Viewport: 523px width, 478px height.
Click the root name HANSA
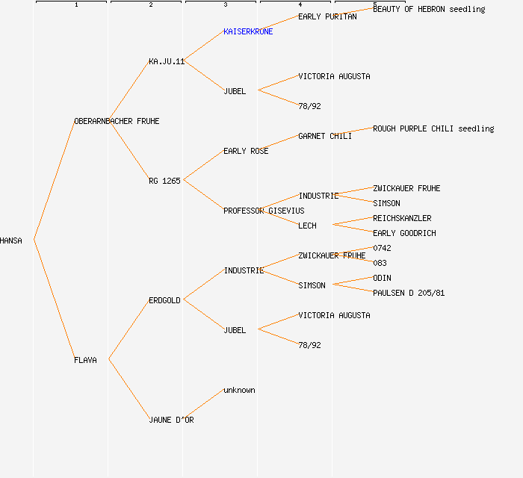click(x=11, y=240)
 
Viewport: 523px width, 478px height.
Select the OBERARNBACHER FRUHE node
click(x=117, y=121)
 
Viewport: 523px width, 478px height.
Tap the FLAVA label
click(x=85, y=360)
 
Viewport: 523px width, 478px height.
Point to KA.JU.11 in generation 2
click(x=167, y=61)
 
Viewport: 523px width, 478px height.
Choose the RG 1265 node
click(x=164, y=181)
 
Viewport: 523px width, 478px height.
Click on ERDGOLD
click(x=164, y=300)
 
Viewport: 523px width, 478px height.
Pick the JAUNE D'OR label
click(x=171, y=420)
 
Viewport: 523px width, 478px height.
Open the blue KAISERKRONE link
click(x=248, y=31)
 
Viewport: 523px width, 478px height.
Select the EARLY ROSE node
click(x=246, y=151)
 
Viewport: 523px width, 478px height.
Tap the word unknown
click(x=239, y=390)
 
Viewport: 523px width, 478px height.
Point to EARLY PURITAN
click(x=327, y=16)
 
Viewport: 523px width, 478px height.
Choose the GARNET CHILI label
click(x=325, y=136)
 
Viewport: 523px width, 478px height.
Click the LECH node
click(x=307, y=226)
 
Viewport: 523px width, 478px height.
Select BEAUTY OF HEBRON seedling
click(x=429, y=9)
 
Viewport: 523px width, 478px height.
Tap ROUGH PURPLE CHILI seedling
click(x=433, y=128)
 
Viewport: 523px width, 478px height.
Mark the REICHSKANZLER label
click(x=402, y=218)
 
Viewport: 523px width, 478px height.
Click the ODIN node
click(x=382, y=278)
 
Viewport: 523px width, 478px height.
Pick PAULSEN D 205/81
click(x=409, y=293)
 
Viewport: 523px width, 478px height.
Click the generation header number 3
click(x=225, y=5)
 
